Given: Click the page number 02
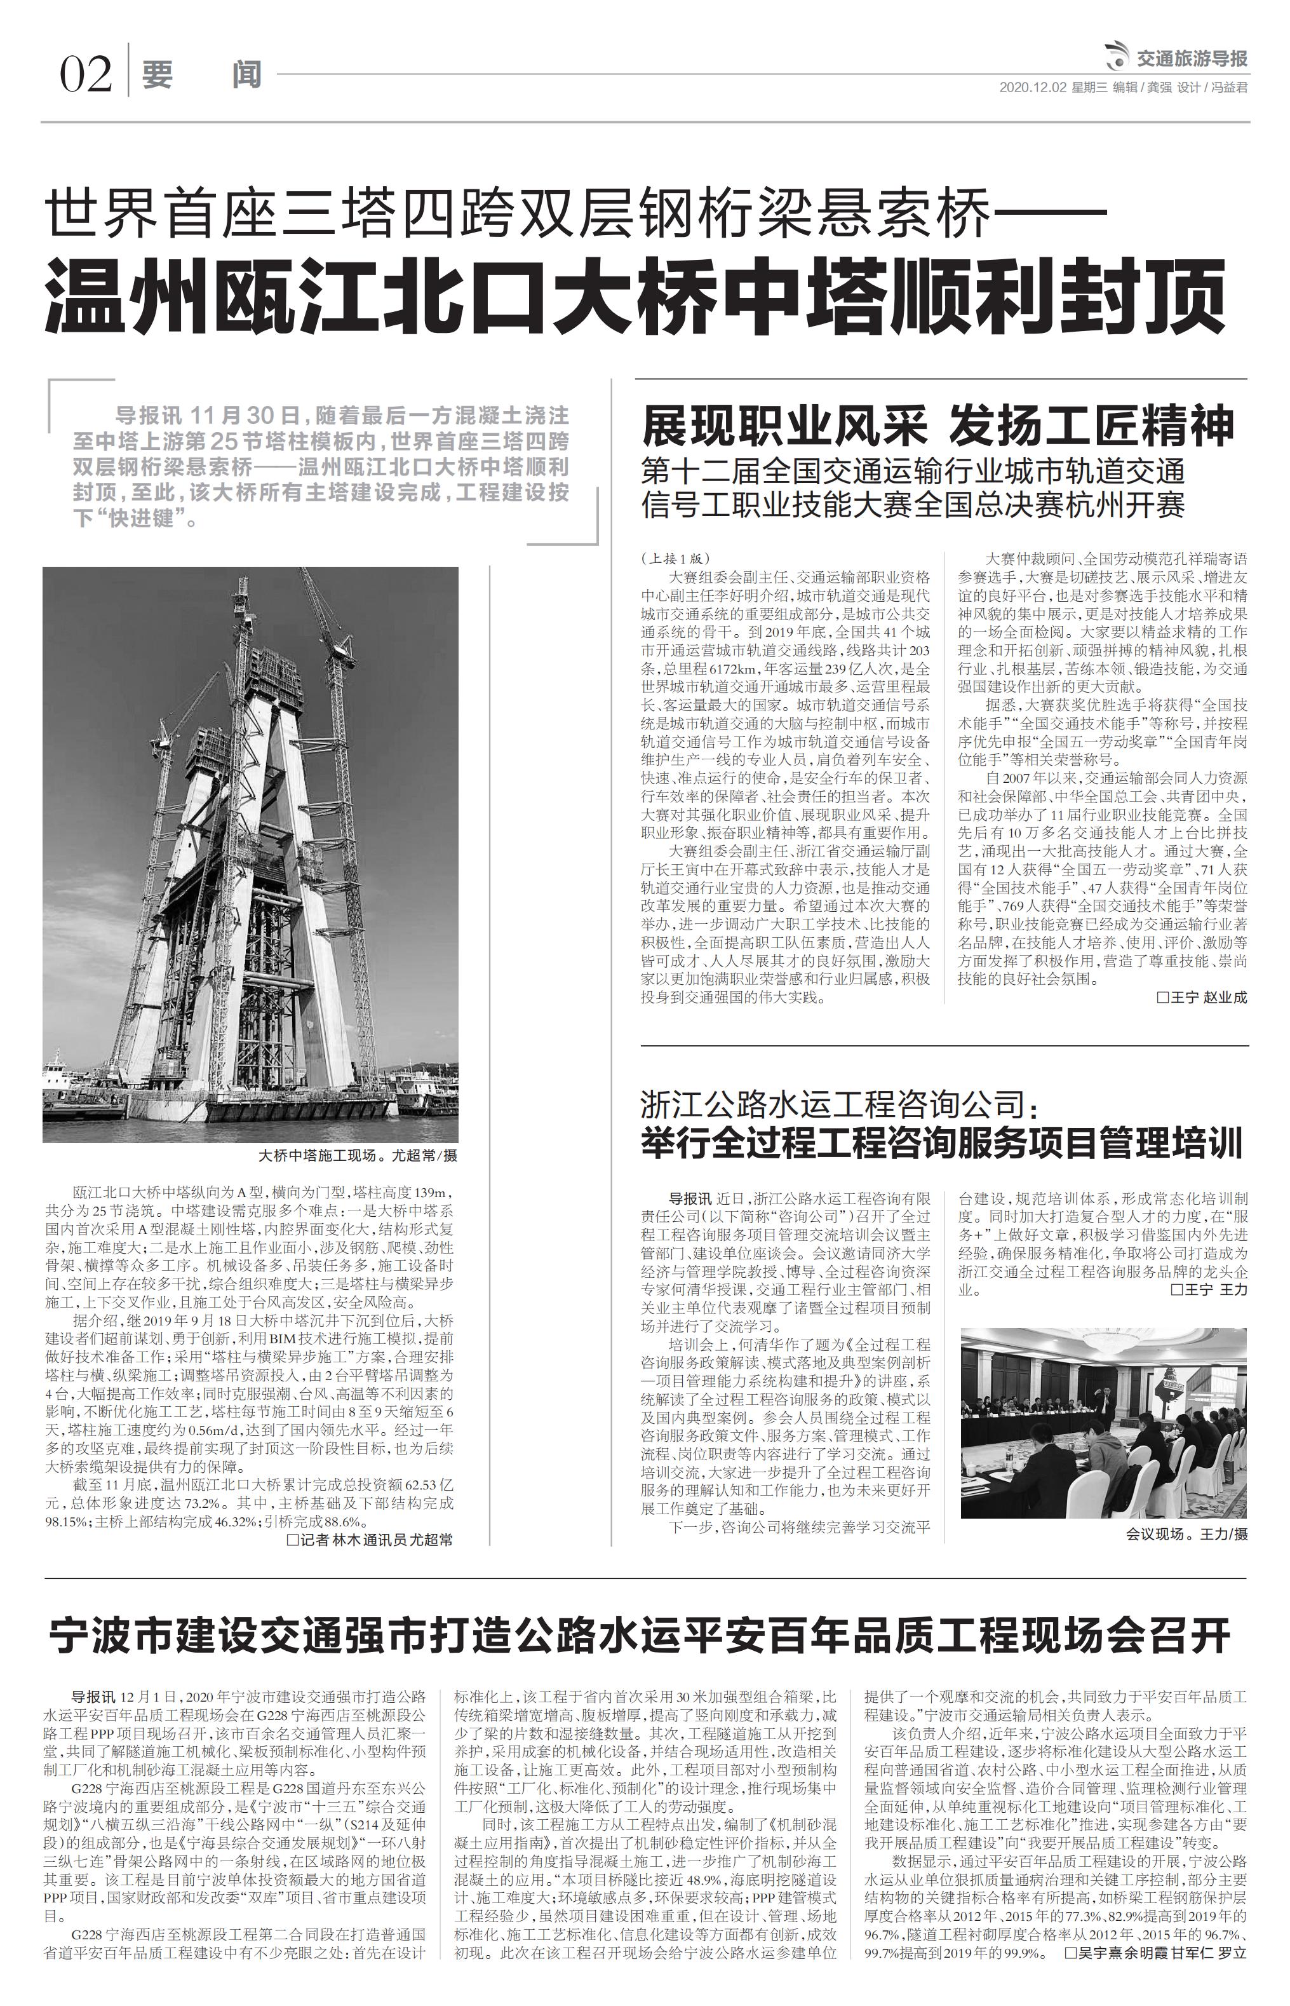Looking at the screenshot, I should click(x=84, y=76).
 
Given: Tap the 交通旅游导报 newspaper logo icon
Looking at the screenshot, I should click(x=1116, y=58).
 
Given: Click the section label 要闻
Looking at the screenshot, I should click(x=201, y=76).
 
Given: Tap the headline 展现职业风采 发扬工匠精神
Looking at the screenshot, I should click(x=938, y=426).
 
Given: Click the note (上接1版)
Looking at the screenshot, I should click(x=675, y=558).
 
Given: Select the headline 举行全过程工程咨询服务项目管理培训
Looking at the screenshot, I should click(x=941, y=1144).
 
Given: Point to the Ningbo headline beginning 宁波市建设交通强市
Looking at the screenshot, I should click(x=640, y=1635).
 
